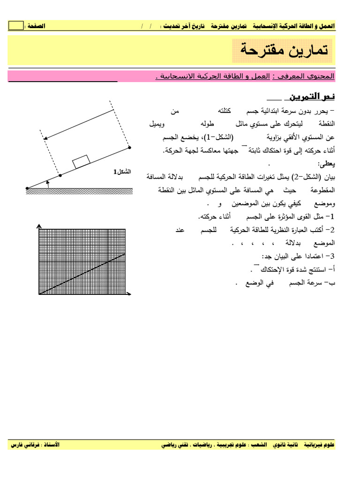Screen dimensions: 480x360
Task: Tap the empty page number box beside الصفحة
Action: click(x=15, y=26)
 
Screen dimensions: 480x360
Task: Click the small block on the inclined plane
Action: click(x=82, y=163)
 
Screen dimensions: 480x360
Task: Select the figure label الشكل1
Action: click(x=122, y=172)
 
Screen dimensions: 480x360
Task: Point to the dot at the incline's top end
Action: click(x=129, y=147)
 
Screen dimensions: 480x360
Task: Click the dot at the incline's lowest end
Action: click(x=28, y=188)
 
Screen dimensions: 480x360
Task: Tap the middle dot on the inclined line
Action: click(x=60, y=175)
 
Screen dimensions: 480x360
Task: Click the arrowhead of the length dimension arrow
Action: click(x=45, y=138)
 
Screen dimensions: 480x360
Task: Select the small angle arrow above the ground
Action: click(x=47, y=183)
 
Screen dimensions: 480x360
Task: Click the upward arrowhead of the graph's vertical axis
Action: click(x=39, y=227)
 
